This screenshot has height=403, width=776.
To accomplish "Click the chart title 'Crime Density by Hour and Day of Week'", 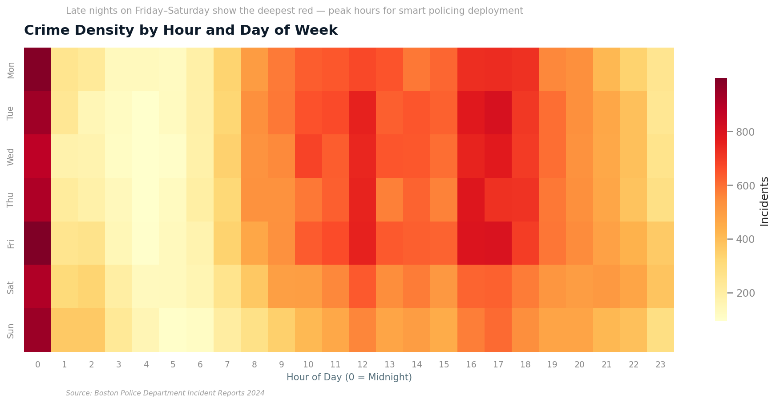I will pos(181,30).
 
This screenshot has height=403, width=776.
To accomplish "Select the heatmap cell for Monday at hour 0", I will pos(37,69).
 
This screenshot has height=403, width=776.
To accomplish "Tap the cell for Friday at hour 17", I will pos(498,243).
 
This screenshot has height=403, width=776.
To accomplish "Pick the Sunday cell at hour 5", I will pos(173,330).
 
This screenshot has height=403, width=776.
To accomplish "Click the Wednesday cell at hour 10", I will pos(308,156).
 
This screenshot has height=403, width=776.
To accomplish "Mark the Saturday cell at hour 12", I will pos(362,286).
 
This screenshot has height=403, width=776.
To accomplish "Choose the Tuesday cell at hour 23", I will pos(660,113).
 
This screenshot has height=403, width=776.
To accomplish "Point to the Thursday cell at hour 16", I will pos(471,199).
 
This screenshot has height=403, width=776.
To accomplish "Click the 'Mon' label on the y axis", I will pos(11,70).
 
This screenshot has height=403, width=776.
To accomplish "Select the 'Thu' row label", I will pos(11,200).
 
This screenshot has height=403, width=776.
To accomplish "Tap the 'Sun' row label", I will pos(11,330).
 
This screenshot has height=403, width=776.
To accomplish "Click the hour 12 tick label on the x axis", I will pos(362,365).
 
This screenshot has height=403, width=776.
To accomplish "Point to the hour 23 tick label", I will pos(660,365).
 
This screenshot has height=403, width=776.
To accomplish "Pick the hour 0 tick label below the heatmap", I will pos(37,365).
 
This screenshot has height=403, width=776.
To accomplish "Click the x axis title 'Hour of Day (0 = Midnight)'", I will pos(349,377).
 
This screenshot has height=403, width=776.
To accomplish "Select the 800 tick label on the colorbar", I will pos(745,132).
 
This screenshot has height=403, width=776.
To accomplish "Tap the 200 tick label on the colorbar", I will pos(745,293).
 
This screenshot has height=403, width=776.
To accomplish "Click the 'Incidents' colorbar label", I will pos(764,201).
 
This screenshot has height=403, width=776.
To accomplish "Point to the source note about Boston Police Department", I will pos(165,393).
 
